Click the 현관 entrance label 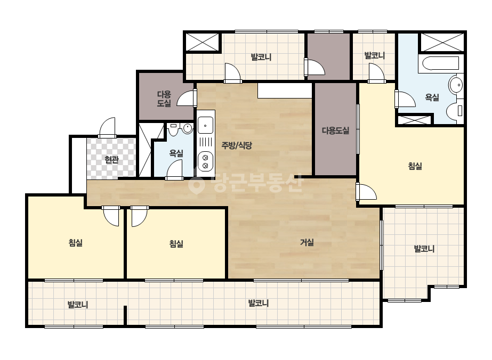pyautogui.click(x=111, y=160)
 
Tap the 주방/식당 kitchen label pyautogui.click(x=237, y=145)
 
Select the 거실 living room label pyautogui.click(x=307, y=242)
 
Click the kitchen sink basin pyautogui.click(x=205, y=125)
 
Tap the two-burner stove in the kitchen pyautogui.click(x=206, y=161)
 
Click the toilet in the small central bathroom pyautogui.click(x=174, y=128)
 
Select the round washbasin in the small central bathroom pyautogui.click(x=187, y=128)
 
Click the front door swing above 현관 pyautogui.click(x=107, y=127)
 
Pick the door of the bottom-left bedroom pyautogui.click(x=111, y=216)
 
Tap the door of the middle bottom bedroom pyautogui.click(x=139, y=216)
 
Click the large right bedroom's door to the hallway pyautogui.click(x=366, y=192)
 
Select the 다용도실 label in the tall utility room pyautogui.click(x=336, y=130)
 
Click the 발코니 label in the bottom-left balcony pyautogui.click(x=78, y=305)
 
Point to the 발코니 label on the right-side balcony pyautogui.click(x=424, y=249)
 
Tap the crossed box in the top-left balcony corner pyautogui.click(x=203, y=42)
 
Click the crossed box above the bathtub pyautogui.click(x=442, y=42)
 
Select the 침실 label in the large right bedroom pyautogui.click(x=415, y=166)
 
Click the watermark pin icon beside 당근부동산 pyautogui.click(x=196, y=183)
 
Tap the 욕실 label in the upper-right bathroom pyautogui.click(x=432, y=97)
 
